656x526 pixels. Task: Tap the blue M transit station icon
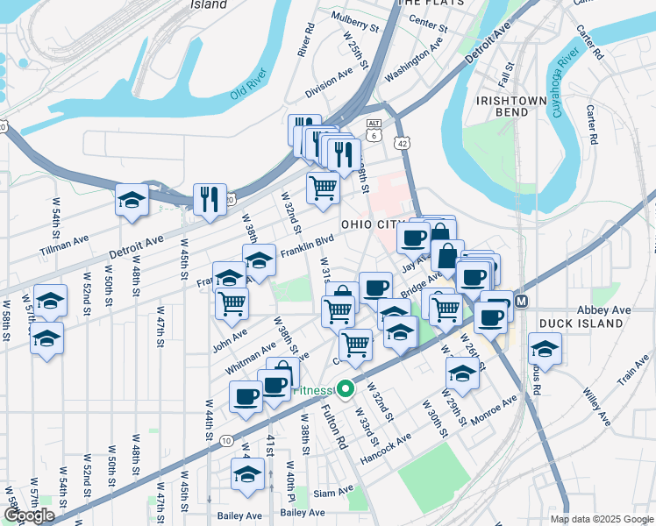pyautogui.click(x=521, y=301)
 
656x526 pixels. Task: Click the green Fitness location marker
pyautogui.click(x=346, y=388)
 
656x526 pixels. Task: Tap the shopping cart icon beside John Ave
pyautogui.click(x=232, y=303)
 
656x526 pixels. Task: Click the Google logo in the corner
pyautogui.click(x=29, y=515)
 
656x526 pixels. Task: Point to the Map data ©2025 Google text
pyautogui.click(x=600, y=519)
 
